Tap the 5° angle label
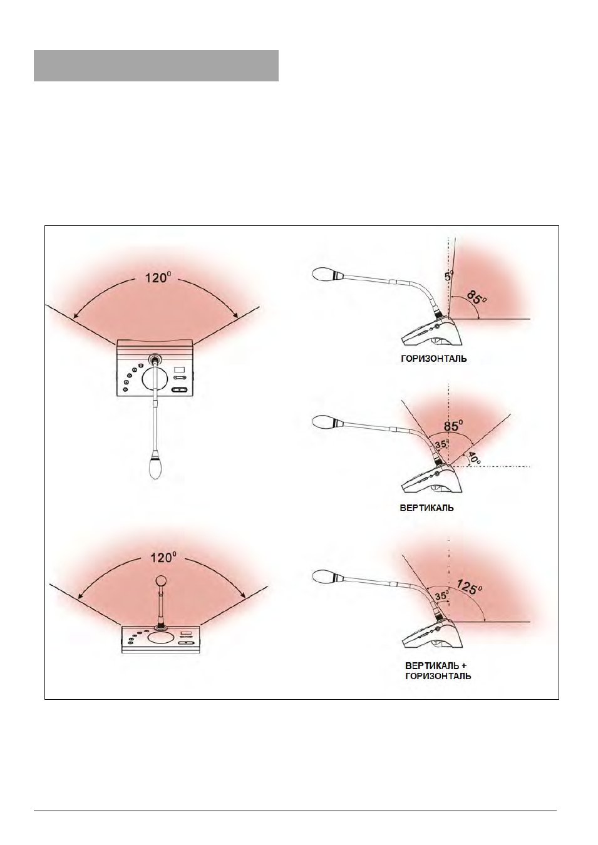click(x=448, y=275)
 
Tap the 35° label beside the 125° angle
click(x=440, y=596)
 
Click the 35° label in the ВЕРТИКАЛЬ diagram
click(x=440, y=444)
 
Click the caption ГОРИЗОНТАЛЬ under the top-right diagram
click(x=433, y=359)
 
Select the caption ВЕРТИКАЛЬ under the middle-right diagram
click(x=426, y=508)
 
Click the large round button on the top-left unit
click(x=154, y=379)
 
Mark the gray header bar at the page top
click(x=156, y=66)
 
